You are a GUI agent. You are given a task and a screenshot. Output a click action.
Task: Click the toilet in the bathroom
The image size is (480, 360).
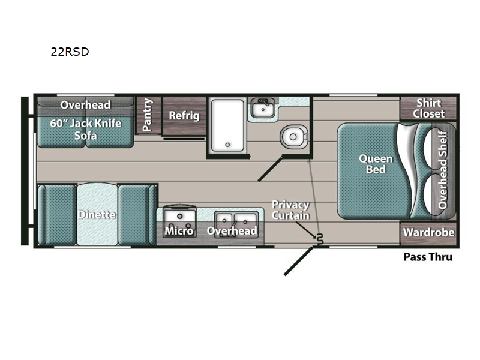point(293,137)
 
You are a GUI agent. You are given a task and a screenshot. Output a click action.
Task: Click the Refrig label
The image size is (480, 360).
point(184,115)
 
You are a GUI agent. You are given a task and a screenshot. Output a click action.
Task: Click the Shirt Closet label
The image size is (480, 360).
point(428,108)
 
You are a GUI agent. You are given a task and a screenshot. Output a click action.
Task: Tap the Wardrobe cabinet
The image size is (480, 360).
point(428,233)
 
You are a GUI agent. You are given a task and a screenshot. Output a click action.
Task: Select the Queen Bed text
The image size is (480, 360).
point(376,164)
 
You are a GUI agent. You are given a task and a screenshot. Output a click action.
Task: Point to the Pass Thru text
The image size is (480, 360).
point(428,257)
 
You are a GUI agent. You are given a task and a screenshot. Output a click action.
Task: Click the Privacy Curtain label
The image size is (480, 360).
point(290,210)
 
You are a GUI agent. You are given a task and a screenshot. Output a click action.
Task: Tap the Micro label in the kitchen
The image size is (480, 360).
point(179,230)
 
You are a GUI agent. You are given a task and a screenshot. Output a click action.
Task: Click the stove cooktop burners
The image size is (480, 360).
point(179,217)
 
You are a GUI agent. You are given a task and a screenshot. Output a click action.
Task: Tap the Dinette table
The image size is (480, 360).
point(97,214)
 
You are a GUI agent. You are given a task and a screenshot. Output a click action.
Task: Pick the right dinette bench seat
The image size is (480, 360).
point(137,214)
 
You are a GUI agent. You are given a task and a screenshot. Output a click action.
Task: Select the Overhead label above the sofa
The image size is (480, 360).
point(85,105)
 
